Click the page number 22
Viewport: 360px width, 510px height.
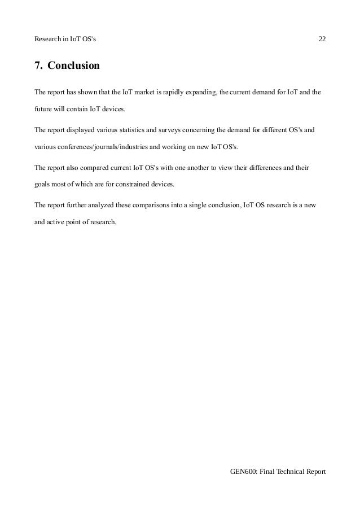point(322,39)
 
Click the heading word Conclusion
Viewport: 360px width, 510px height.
point(73,66)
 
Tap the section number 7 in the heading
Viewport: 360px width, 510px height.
point(38,66)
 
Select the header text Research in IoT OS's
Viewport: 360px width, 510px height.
point(65,39)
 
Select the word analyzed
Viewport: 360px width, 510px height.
point(98,206)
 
